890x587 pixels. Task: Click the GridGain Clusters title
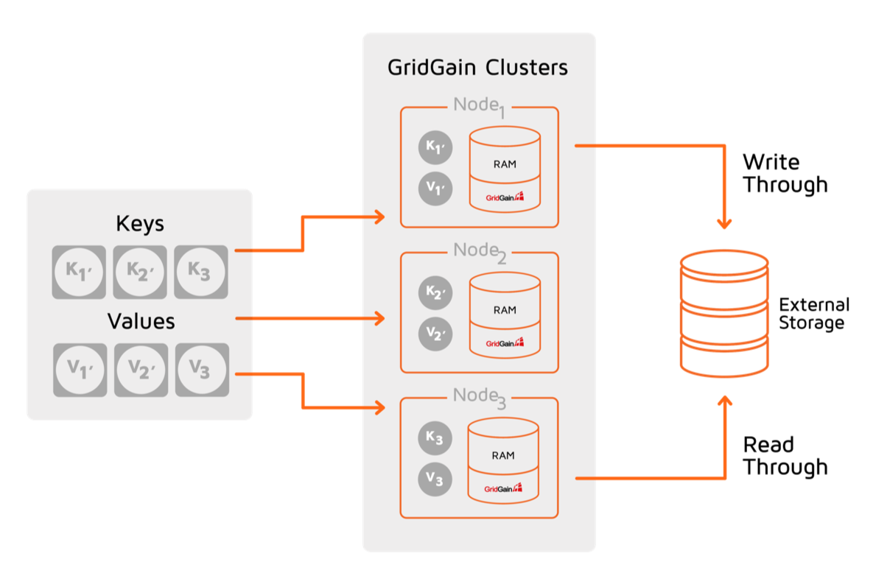[477, 68]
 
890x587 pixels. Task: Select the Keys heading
[140, 223]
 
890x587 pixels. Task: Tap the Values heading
[141, 321]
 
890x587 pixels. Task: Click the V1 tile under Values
[80, 369]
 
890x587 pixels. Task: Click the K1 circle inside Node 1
[435, 147]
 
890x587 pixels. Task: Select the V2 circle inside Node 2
[435, 334]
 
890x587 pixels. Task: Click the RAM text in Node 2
[505, 310]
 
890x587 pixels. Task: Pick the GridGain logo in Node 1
[505, 197]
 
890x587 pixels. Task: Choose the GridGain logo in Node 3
[503, 488]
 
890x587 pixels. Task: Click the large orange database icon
[724, 314]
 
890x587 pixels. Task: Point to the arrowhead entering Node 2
[379, 319]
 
